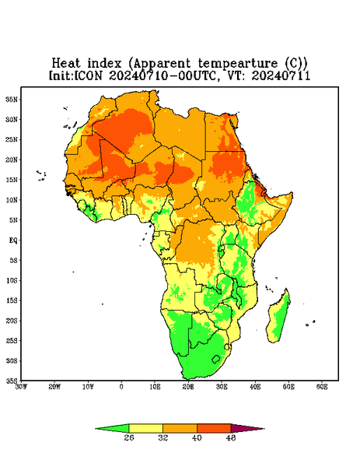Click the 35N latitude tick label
[x=12, y=100]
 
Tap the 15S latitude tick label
[x=12, y=300]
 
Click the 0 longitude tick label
[x=121, y=387]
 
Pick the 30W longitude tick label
[x=22, y=387]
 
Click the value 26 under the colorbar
[x=129, y=437]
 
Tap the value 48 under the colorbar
[x=231, y=437]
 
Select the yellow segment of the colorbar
[x=145, y=428]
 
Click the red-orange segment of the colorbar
[x=214, y=428]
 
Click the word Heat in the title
[x=66, y=64]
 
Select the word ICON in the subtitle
[x=88, y=75]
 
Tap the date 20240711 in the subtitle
[x=281, y=75]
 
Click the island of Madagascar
[x=279, y=318]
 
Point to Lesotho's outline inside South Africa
[x=215, y=359]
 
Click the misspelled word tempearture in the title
[x=238, y=64]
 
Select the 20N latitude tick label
[x=12, y=160]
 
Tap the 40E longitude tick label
[x=255, y=387]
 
